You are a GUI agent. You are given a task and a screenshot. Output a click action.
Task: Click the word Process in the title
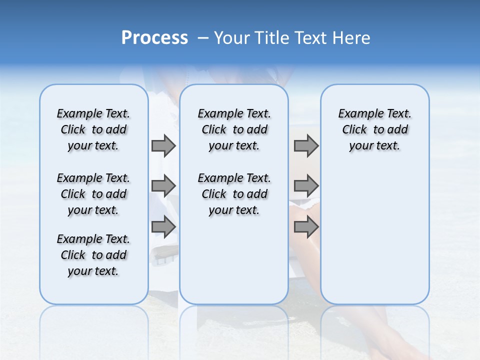click(154, 38)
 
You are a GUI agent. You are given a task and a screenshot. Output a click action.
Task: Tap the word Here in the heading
click(352, 38)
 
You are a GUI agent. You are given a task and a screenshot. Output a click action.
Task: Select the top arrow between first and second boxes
click(163, 145)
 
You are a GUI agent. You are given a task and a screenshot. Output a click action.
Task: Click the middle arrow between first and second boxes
click(163, 186)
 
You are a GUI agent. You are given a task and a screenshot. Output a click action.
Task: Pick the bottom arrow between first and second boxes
click(163, 227)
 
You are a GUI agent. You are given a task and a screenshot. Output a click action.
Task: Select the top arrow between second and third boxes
click(306, 145)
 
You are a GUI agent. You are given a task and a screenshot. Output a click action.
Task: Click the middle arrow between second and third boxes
click(306, 186)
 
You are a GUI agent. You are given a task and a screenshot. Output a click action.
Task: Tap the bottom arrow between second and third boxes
click(306, 227)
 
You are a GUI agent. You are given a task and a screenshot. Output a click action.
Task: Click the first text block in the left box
click(93, 129)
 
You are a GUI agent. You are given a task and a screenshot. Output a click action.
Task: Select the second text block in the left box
click(93, 194)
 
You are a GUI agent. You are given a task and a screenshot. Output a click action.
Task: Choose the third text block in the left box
click(93, 255)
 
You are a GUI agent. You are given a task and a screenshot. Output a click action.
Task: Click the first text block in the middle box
click(234, 129)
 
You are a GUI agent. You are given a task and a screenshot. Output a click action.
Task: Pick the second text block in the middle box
click(234, 194)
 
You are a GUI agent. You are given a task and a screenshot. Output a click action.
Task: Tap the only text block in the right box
click(374, 129)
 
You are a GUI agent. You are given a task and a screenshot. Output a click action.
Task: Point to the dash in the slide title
click(203, 38)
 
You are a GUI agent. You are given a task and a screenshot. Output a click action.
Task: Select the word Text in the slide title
click(311, 38)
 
